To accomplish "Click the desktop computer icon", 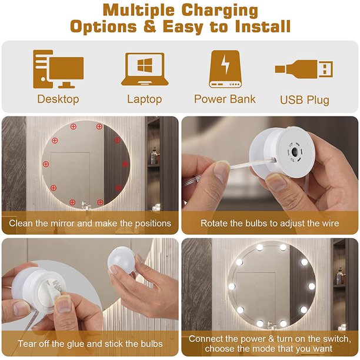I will (58, 68).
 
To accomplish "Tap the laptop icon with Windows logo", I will (144, 69).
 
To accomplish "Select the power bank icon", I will (225, 68).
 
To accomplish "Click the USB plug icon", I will (304, 70).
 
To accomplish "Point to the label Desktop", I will (58, 99).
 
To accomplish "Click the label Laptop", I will (144, 99).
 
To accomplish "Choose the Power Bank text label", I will (225, 99).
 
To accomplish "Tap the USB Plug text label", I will (304, 99).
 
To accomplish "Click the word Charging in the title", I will (219, 11).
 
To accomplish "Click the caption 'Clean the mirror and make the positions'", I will (90, 224).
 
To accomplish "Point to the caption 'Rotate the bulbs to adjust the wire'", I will (269, 224).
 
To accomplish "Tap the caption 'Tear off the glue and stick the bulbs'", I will (90, 344).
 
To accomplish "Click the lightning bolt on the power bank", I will (225, 63).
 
